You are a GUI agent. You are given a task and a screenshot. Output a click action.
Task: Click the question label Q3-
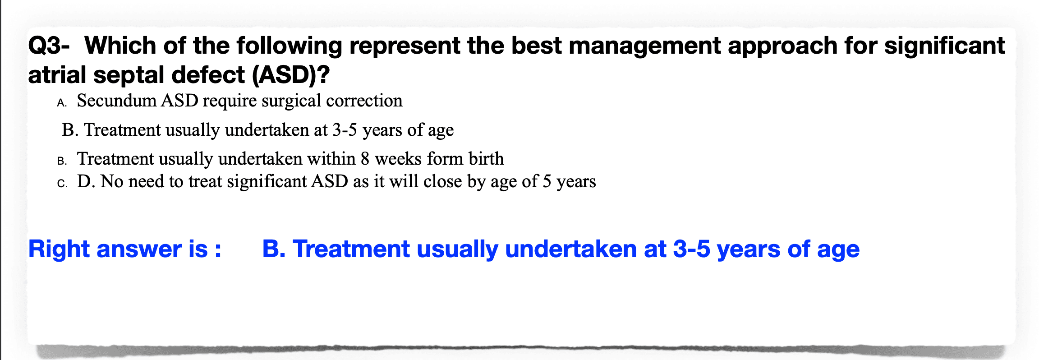click(49, 46)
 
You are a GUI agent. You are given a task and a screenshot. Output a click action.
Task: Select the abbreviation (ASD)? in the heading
click(291, 75)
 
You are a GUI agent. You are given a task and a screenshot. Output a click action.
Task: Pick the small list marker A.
click(62, 103)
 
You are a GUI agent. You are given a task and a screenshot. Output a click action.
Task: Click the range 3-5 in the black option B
click(345, 130)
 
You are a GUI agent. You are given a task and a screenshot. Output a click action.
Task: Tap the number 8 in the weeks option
click(365, 159)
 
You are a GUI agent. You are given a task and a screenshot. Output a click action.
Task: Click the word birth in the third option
click(486, 158)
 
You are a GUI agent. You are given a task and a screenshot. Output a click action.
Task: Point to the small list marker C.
click(63, 184)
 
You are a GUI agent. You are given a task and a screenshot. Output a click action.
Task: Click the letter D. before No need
click(86, 181)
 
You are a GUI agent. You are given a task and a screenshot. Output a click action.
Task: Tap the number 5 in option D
click(547, 181)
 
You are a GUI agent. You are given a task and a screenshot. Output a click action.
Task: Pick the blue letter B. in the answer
click(274, 249)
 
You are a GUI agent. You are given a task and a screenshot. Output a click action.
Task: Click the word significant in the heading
click(945, 46)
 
